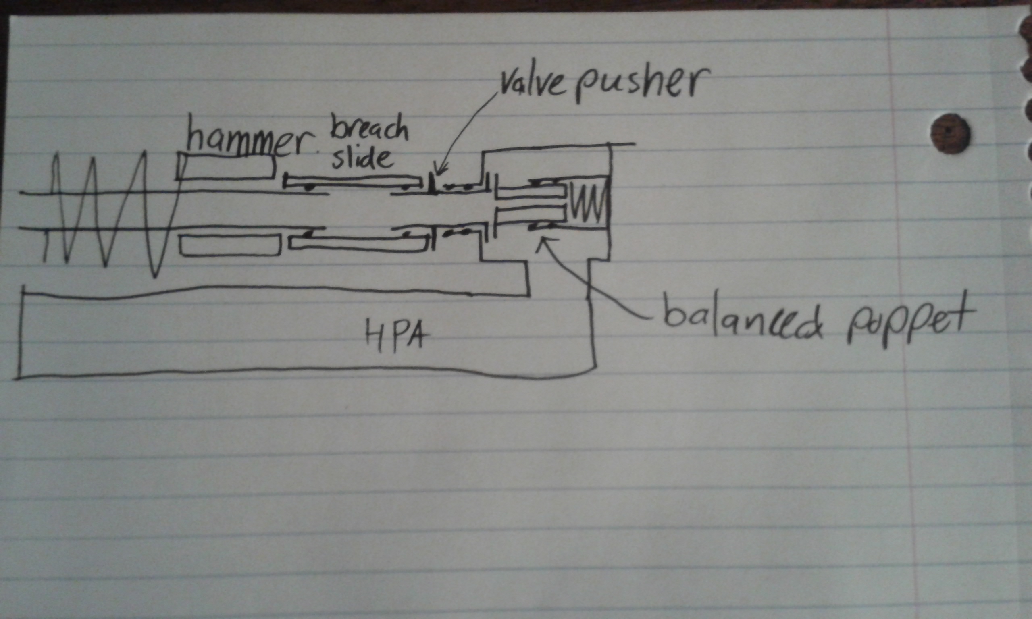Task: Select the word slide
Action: point(362,159)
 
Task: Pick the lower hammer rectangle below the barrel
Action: point(229,245)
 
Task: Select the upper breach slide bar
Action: point(355,182)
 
